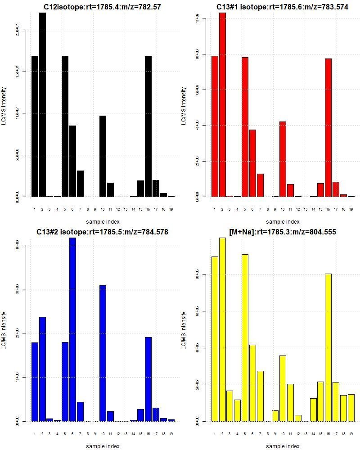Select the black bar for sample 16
(x=148, y=126)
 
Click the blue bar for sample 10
(x=103, y=353)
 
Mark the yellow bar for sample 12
(x=298, y=418)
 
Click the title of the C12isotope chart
(x=102, y=7)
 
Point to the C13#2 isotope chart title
(x=102, y=232)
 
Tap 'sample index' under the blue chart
(x=103, y=446)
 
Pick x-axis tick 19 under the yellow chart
(x=351, y=434)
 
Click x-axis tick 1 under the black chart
(x=35, y=209)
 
